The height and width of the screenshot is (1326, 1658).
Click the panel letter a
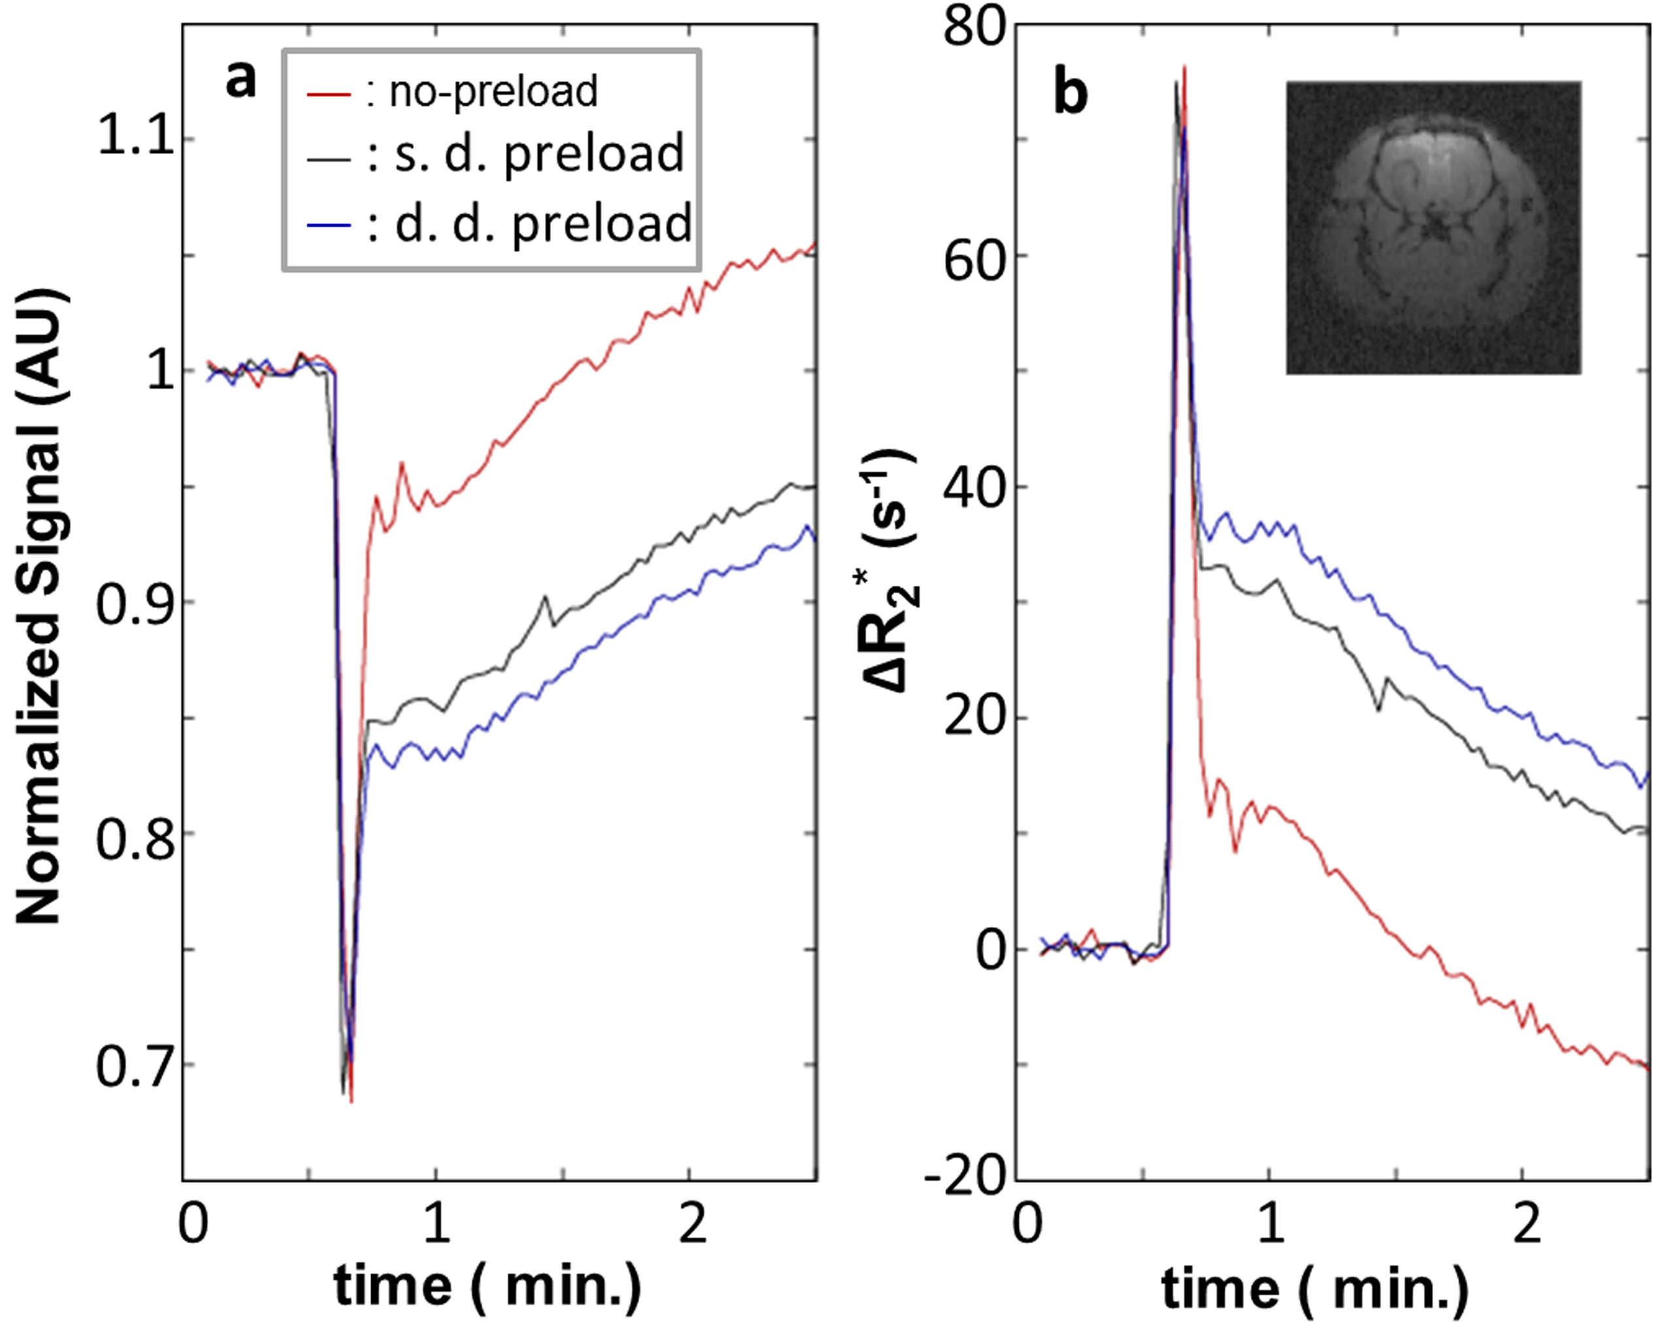click(240, 80)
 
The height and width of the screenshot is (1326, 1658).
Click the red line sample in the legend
click(328, 94)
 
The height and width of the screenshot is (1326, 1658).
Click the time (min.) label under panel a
click(488, 1284)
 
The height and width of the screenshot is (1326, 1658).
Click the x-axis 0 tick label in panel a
click(192, 1223)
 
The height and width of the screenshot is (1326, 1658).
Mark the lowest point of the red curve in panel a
click(352, 1101)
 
